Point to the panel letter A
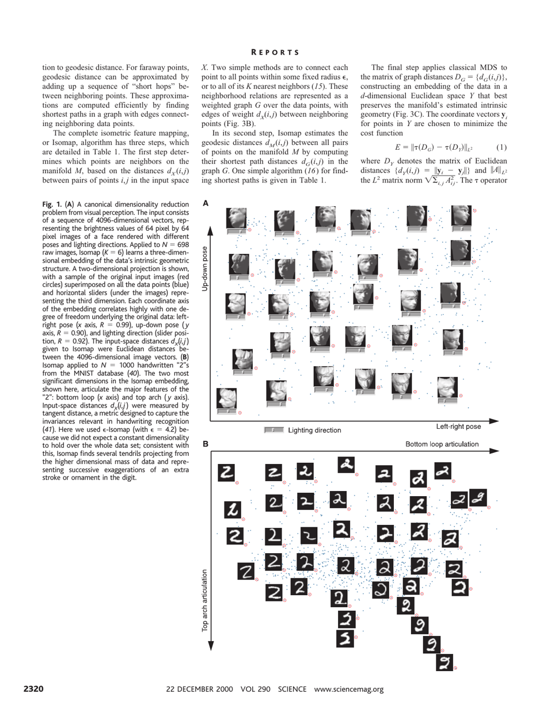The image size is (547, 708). (204, 203)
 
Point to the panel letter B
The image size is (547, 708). (204, 444)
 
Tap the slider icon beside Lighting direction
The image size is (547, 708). (273, 430)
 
